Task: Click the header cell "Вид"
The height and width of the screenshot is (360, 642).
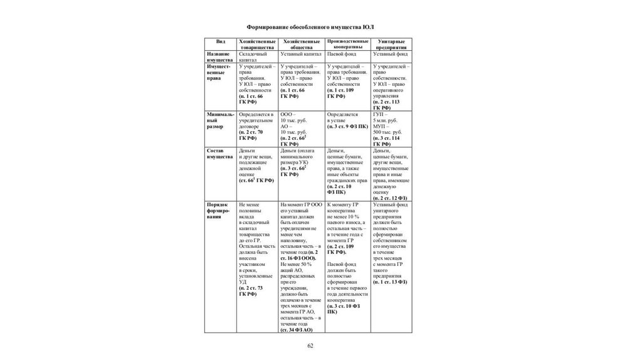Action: [x=221, y=41]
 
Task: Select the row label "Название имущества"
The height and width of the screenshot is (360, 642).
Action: [x=219, y=56]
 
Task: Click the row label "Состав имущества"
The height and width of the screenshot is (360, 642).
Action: [x=219, y=154]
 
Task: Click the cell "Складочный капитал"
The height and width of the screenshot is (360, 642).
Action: [x=253, y=56]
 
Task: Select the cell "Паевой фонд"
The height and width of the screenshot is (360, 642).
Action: [x=340, y=54]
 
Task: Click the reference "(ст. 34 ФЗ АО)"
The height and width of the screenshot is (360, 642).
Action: [x=297, y=329]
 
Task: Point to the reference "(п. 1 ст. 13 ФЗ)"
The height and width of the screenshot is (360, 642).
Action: [x=390, y=282]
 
